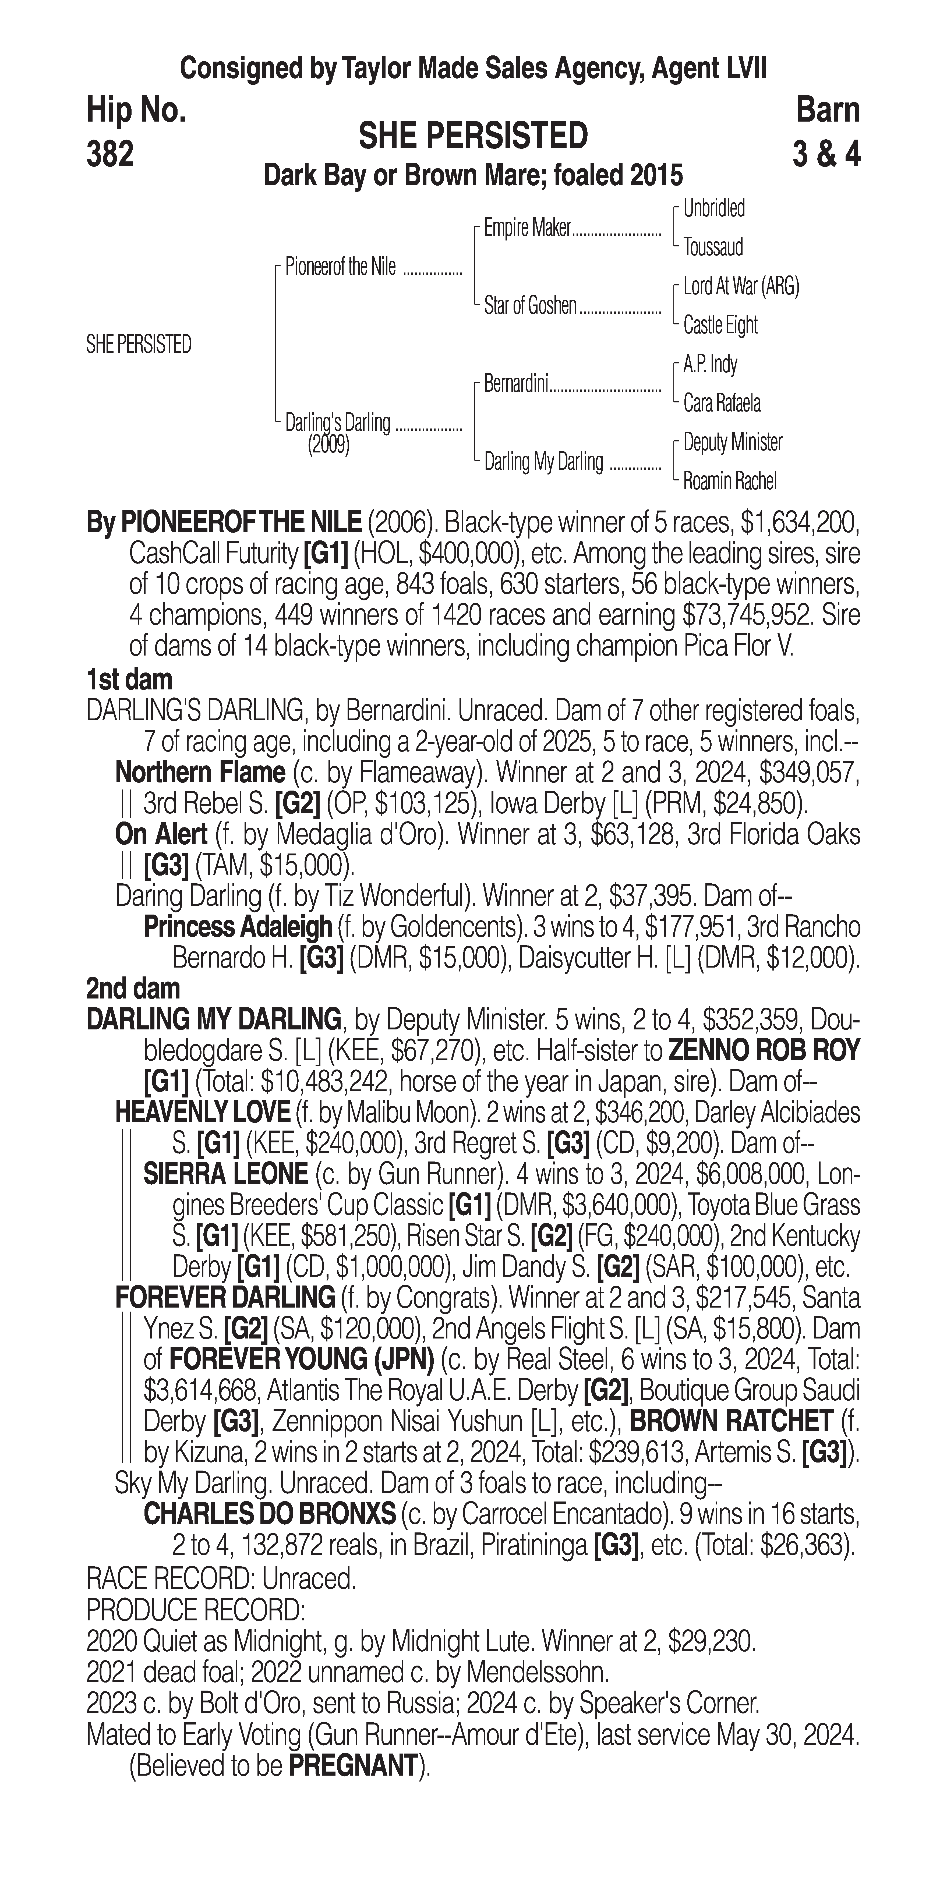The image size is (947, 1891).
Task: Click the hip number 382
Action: [110, 154]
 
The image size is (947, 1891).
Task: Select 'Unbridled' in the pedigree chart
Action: [713, 208]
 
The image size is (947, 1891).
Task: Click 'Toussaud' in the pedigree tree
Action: [713, 247]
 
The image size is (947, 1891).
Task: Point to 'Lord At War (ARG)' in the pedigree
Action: [741, 286]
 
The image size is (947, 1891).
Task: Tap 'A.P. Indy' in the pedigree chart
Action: [710, 364]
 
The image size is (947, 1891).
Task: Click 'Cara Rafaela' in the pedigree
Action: [722, 403]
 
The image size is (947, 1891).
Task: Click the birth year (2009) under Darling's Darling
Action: [328, 445]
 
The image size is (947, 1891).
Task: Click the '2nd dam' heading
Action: [133, 989]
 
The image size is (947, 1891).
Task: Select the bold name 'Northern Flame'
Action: [200, 772]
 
